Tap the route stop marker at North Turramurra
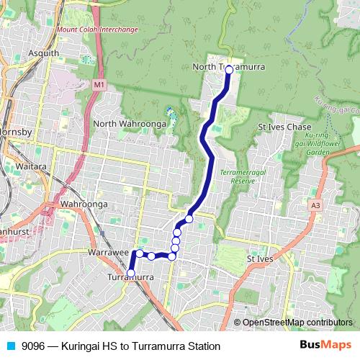coord(228,69)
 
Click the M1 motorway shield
coord(99,85)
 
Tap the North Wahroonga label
coord(130,123)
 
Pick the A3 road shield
coord(315,205)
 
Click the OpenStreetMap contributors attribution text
coord(297,323)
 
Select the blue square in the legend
coord(9,346)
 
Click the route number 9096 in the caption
coord(35,346)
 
